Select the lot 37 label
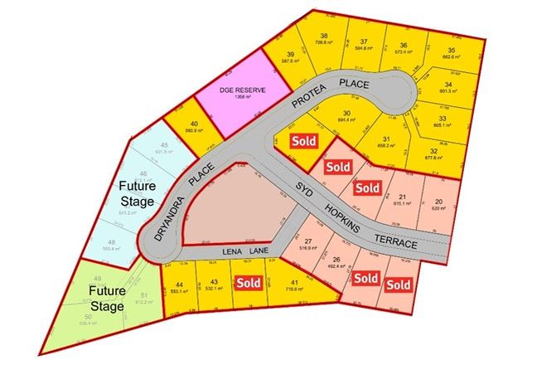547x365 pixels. point(364,41)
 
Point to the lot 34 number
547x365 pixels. point(448,84)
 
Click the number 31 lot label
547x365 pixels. point(386,139)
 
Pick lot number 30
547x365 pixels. point(347,114)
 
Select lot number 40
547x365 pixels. point(192,124)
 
